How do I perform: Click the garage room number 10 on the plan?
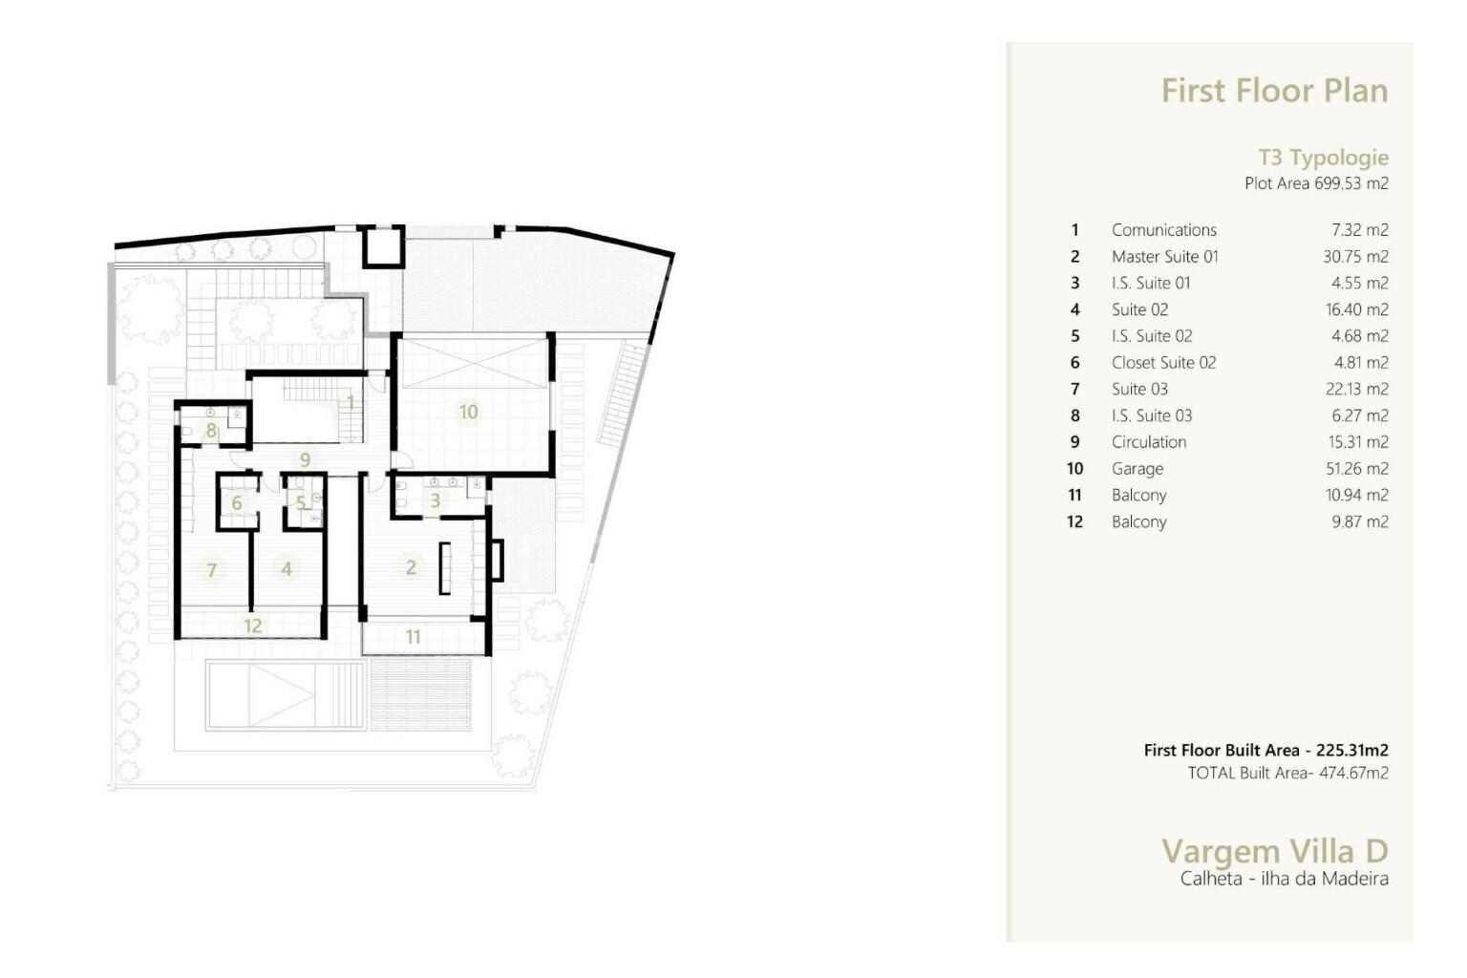(468, 412)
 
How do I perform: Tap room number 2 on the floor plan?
(411, 567)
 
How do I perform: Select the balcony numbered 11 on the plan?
(413, 637)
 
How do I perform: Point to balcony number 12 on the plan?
(253, 626)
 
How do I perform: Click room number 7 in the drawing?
(211, 570)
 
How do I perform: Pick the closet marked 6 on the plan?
(237, 503)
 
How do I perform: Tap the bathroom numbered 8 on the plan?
(211, 431)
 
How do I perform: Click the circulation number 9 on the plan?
(306, 459)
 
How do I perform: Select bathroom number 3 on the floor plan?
(435, 501)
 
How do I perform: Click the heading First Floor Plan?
(1274, 91)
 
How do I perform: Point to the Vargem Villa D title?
(1274, 852)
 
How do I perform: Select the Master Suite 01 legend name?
(1165, 257)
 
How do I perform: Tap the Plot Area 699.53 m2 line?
(1316, 183)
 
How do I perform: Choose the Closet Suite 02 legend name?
(1164, 363)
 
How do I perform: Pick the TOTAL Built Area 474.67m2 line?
(1288, 773)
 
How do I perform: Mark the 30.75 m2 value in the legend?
(1355, 257)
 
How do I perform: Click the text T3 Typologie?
(1324, 158)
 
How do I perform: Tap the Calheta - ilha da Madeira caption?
(1285, 879)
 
